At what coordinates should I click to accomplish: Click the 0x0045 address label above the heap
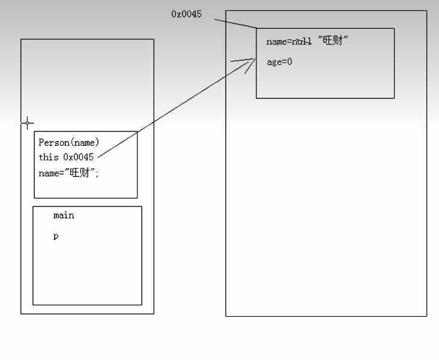pos(186,14)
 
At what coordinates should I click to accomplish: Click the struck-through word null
pos(301,42)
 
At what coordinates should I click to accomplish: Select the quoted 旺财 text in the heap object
pos(333,42)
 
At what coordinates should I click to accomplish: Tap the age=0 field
pos(279,61)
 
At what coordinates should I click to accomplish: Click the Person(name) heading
pos(68,142)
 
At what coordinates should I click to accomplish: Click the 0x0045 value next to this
pos(78,157)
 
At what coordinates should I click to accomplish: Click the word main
pos(64,215)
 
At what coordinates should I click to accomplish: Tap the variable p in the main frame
pos(56,236)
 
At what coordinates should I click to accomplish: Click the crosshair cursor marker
pos(27,123)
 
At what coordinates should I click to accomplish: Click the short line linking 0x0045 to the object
pos(235,24)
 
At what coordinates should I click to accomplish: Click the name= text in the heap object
pos(279,42)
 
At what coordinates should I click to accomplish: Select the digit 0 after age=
pos(289,61)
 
